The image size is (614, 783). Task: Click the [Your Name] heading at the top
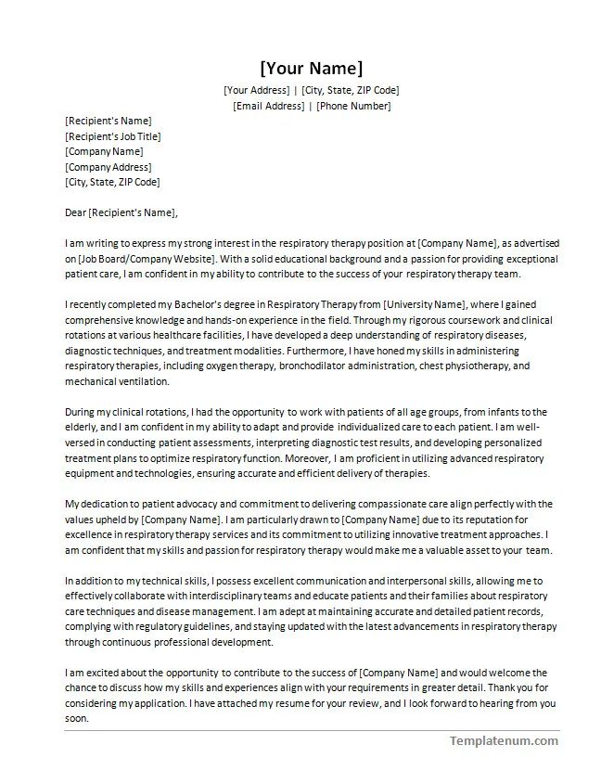tap(311, 69)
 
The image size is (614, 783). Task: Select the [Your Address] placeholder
tap(257, 91)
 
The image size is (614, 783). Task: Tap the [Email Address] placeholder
tap(268, 106)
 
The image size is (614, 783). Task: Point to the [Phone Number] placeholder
tap(353, 106)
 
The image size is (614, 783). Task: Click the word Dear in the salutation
tap(75, 212)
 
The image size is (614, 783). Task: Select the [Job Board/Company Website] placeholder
tap(147, 259)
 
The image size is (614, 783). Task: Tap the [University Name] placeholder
tap(423, 305)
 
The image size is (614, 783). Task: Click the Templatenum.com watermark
tap(504, 740)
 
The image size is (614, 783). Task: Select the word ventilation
tap(143, 381)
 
